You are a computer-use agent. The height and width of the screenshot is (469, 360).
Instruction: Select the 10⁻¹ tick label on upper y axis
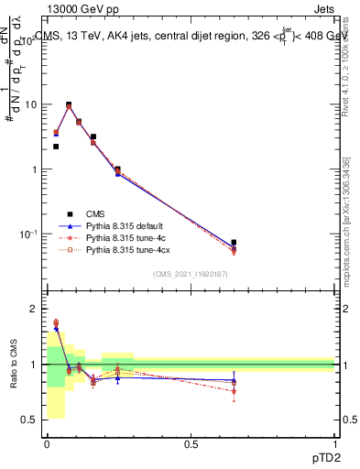(x=31, y=234)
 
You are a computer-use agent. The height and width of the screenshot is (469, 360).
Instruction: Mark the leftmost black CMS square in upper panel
(x=56, y=147)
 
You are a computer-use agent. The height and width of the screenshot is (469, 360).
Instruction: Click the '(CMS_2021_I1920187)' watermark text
(x=191, y=274)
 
